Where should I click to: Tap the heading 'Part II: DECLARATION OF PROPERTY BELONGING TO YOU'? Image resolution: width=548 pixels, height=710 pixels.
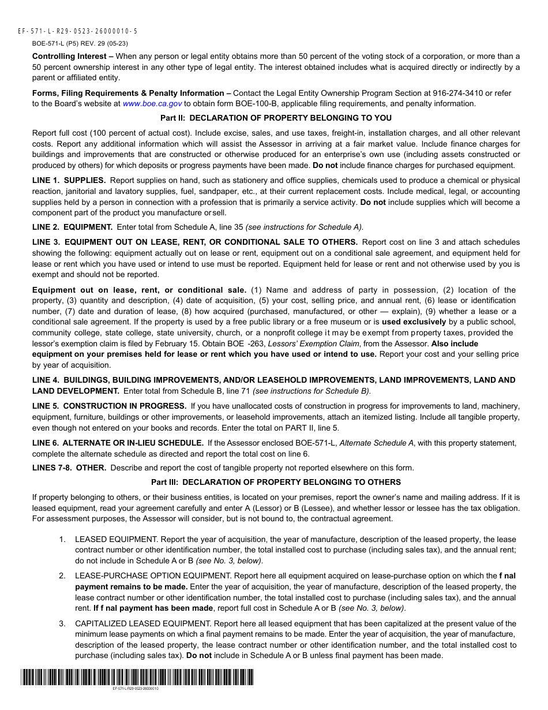[276, 118]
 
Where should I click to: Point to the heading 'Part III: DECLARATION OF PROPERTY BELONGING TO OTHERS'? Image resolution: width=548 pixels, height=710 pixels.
[276, 482]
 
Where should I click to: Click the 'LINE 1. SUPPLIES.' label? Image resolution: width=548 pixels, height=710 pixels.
[69, 181]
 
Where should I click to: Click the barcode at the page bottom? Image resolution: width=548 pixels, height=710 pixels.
[136, 677]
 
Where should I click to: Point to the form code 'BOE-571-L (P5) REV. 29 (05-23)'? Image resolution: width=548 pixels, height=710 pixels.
[80, 43]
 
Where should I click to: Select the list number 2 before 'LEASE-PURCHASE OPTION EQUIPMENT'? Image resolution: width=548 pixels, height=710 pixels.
[62, 576]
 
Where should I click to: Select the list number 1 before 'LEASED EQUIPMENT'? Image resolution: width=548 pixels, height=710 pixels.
[62, 539]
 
